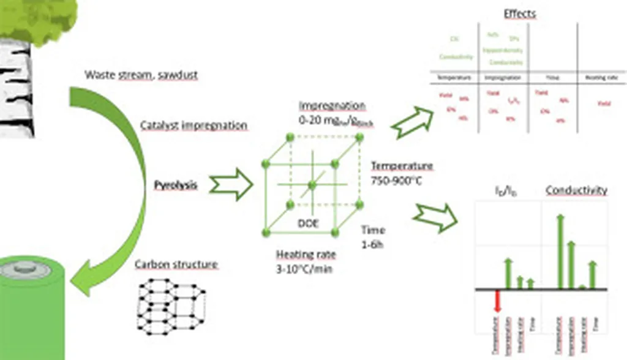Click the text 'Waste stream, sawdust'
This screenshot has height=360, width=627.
pyautogui.click(x=141, y=75)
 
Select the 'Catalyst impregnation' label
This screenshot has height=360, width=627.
pyautogui.click(x=193, y=126)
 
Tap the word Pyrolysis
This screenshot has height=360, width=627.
pyautogui.click(x=175, y=184)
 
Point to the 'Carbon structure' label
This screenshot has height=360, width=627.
pyautogui.click(x=176, y=264)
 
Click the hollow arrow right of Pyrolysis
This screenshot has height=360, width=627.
pyautogui.click(x=231, y=184)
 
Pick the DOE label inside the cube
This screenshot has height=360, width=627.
pyautogui.click(x=308, y=223)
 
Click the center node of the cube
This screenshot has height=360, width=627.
pyautogui.click(x=312, y=184)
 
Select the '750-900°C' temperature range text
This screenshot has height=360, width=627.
pyautogui.click(x=397, y=181)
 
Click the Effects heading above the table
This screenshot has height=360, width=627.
pyautogui.click(x=520, y=13)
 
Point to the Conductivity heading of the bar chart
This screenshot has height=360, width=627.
pyautogui.click(x=576, y=190)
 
